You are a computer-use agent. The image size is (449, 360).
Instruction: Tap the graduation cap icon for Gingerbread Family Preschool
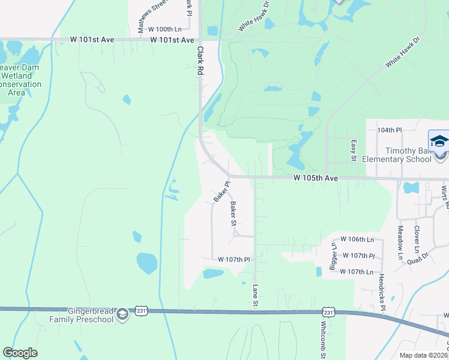tap(122, 314)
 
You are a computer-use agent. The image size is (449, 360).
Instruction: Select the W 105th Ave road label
tap(316, 178)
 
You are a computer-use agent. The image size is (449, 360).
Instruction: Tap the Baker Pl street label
tap(221, 192)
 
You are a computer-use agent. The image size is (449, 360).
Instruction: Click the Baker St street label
tap(234, 213)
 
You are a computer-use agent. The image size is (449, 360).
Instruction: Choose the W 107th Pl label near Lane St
tap(234, 260)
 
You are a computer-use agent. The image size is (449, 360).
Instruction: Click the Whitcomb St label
tap(323, 337)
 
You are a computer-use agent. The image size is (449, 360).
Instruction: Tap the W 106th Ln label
tap(357, 239)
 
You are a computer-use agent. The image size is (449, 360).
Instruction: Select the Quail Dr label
tap(417, 257)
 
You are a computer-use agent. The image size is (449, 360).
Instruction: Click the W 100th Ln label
tap(164, 29)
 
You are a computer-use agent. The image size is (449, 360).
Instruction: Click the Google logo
tap(20, 353)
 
